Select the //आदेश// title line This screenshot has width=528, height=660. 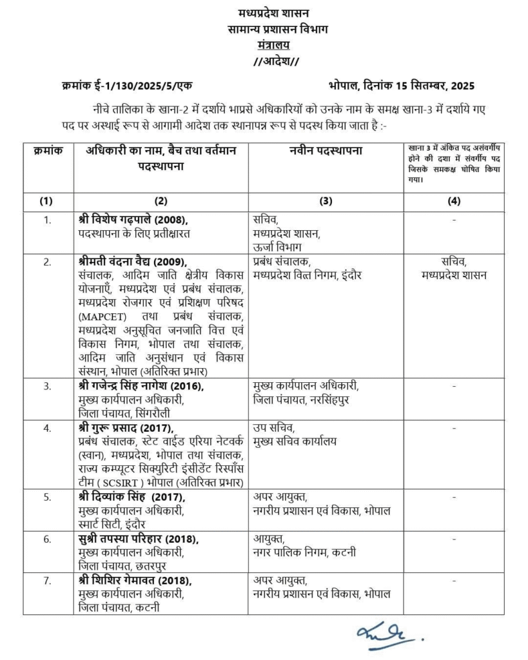[271, 61]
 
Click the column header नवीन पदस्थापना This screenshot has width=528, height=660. [325, 150]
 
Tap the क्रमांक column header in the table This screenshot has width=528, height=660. [47, 150]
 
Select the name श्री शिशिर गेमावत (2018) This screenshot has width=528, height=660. [135, 581]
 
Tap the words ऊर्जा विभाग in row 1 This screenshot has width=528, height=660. [277, 246]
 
